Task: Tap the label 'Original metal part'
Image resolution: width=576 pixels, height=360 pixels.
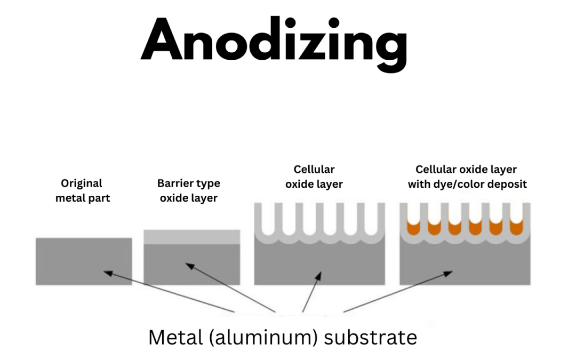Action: click(82, 191)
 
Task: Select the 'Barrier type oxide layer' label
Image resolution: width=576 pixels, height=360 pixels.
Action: click(188, 191)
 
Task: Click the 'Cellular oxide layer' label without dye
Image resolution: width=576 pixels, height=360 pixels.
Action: click(314, 177)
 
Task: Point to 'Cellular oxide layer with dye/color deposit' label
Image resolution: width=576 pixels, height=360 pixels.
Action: click(467, 177)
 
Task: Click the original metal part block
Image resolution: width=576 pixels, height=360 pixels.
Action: click(84, 261)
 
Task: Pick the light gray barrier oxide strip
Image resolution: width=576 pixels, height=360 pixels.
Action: click(192, 237)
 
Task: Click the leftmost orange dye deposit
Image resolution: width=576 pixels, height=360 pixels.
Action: click(413, 228)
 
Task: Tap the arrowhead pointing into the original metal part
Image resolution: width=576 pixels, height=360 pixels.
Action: click(107, 273)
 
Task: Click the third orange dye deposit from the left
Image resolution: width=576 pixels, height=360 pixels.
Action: click(454, 228)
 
